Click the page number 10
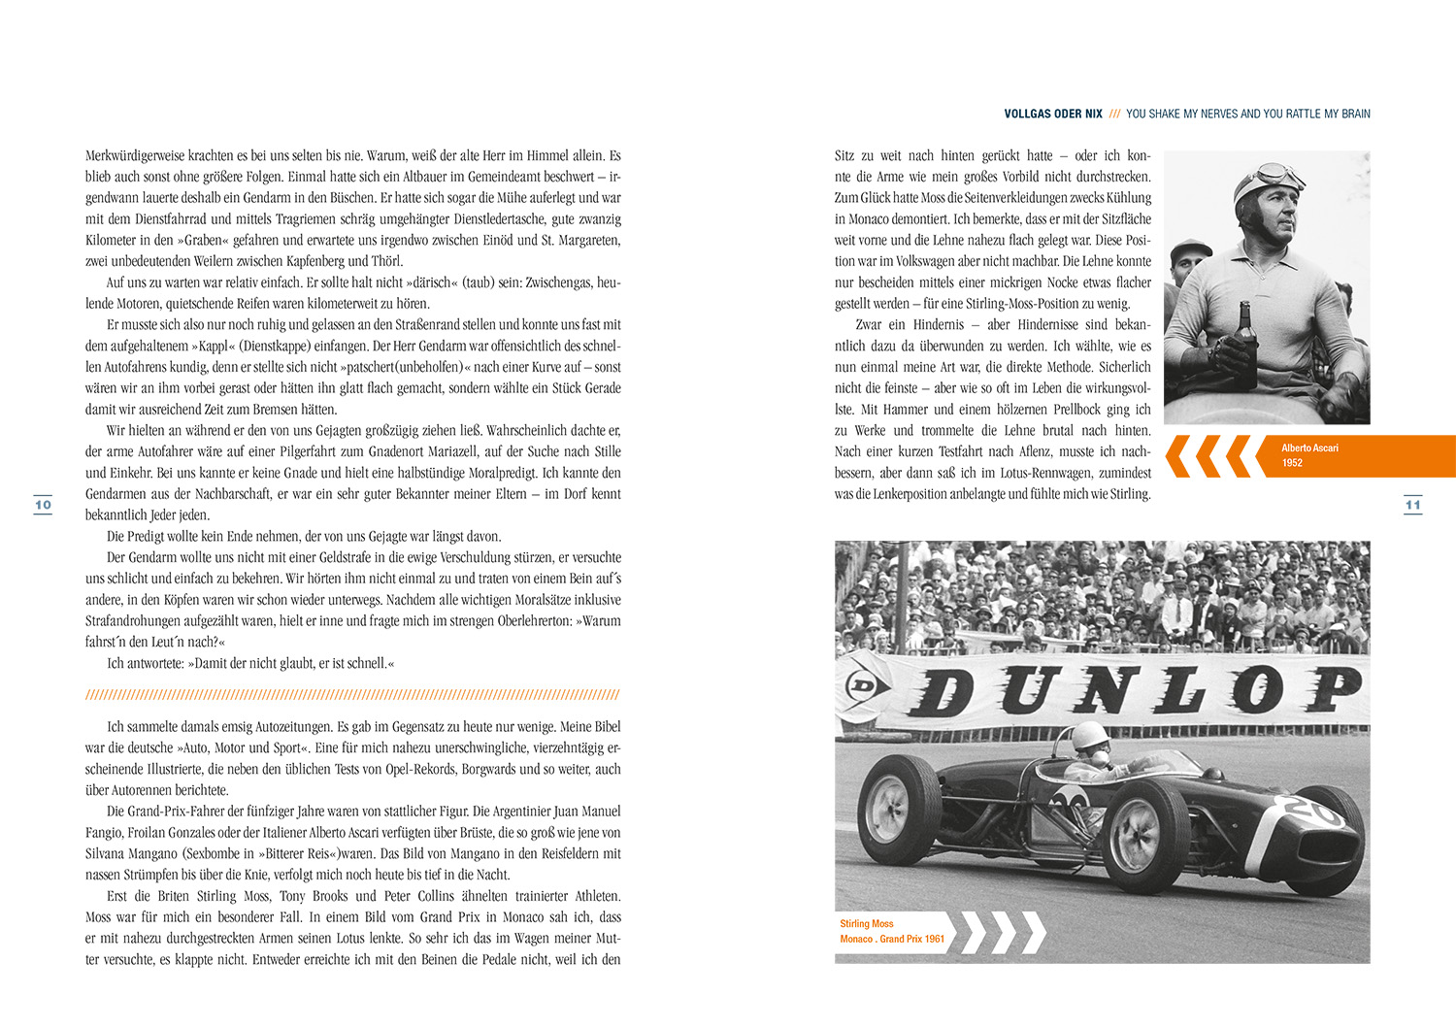click(43, 505)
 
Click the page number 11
click(1412, 505)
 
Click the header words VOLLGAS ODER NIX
click(1053, 115)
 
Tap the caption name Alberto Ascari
click(1309, 448)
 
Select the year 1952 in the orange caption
click(1292, 463)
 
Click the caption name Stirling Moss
click(867, 924)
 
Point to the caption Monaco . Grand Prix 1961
click(892, 939)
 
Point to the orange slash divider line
click(352, 695)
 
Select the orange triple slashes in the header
click(1114, 115)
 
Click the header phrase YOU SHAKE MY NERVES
click(1188, 115)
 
